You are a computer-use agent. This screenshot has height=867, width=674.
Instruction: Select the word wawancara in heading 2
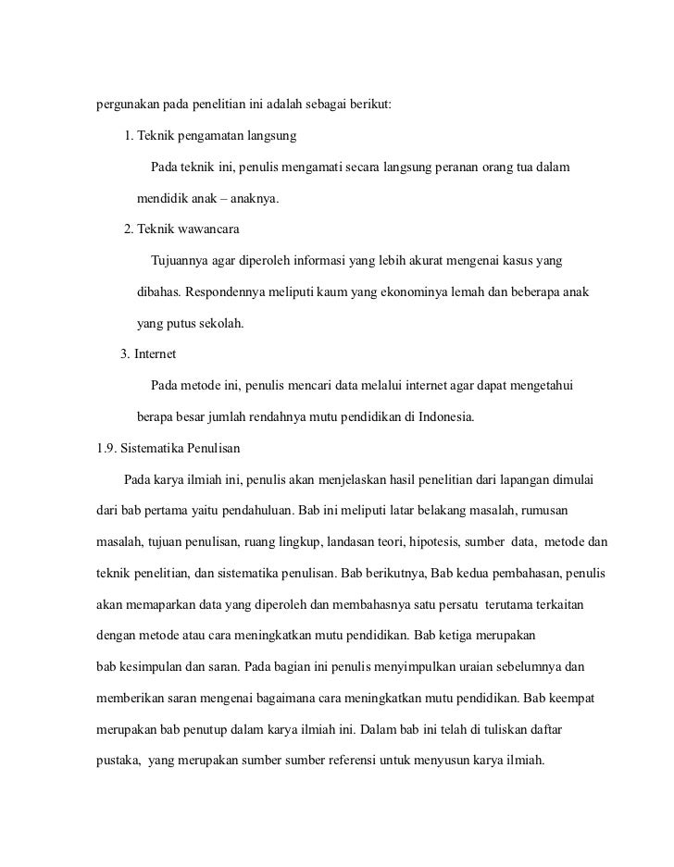[211, 229]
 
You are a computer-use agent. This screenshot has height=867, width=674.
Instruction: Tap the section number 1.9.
[107, 449]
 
